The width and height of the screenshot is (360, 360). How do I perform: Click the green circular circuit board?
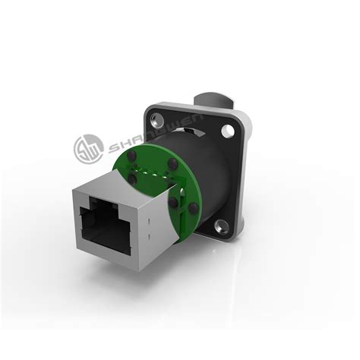[x=163, y=194]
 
